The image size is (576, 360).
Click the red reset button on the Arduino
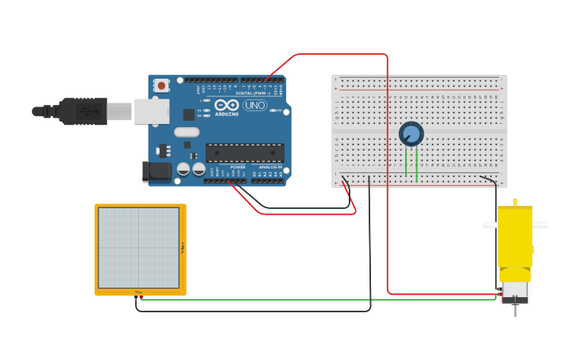click(x=162, y=85)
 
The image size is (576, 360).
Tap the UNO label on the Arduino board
click(x=255, y=105)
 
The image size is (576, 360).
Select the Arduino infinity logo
click(x=226, y=105)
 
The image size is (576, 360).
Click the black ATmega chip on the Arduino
click(x=245, y=153)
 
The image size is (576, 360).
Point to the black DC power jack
click(x=157, y=171)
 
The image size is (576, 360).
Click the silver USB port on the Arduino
click(x=151, y=111)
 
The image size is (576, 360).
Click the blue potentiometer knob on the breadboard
click(x=411, y=134)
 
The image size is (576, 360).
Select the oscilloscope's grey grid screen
click(x=138, y=247)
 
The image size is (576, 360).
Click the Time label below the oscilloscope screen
click(x=138, y=292)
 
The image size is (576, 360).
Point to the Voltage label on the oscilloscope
click(x=183, y=247)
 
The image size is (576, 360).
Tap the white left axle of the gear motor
click(x=489, y=226)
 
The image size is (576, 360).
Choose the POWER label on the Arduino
click(x=238, y=167)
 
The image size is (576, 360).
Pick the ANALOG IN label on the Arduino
click(x=268, y=167)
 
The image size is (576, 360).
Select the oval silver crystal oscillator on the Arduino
click(x=186, y=132)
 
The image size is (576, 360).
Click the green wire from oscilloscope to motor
click(x=318, y=300)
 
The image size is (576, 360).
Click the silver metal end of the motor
click(x=515, y=291)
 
